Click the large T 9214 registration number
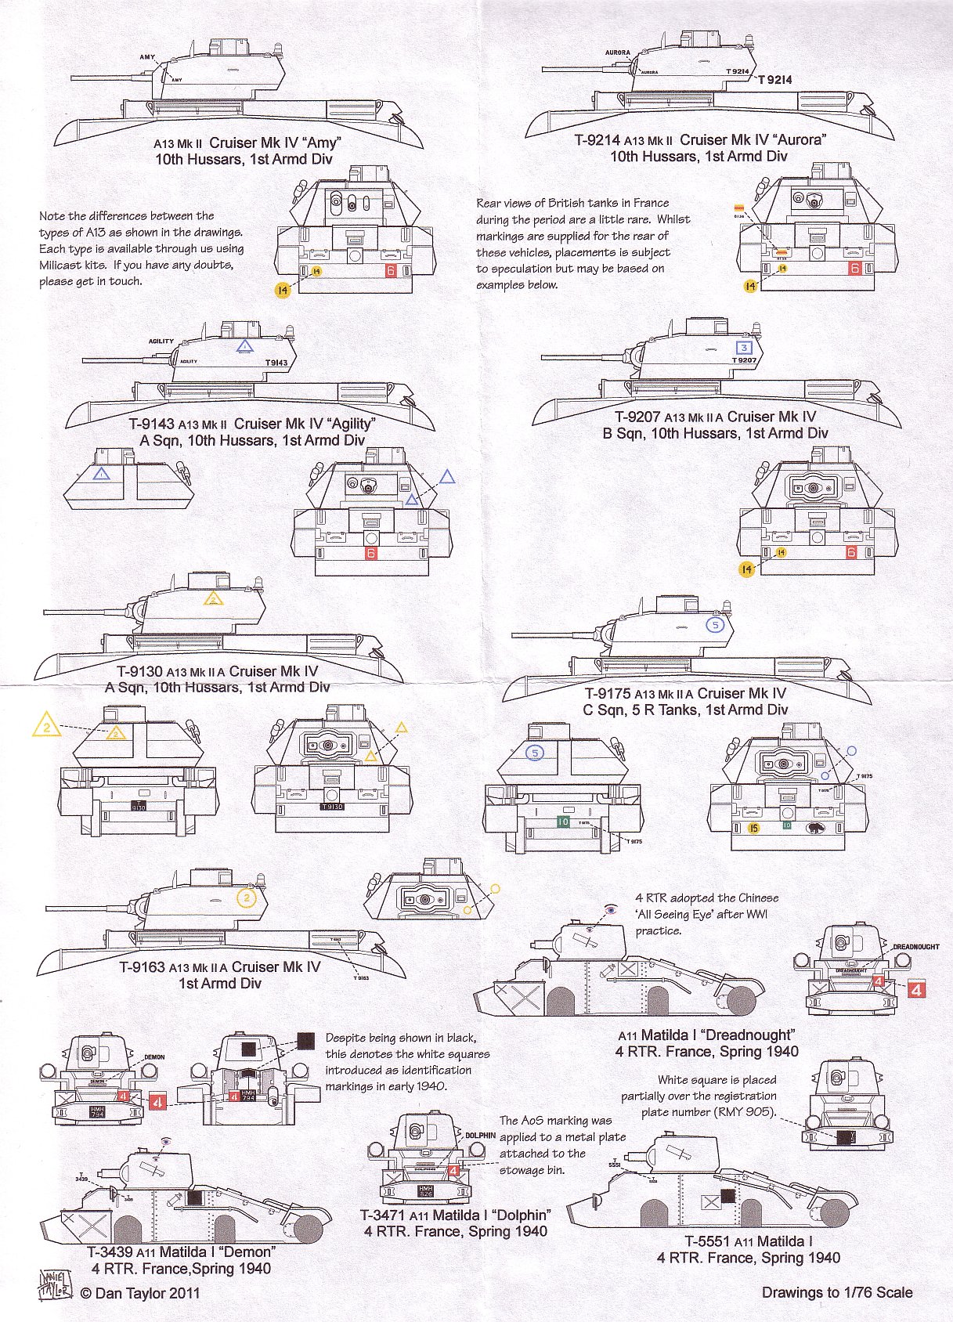click(774, 80)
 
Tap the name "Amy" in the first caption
click(321, 143)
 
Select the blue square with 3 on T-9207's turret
click(744, 347)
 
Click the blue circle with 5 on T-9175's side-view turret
click(714, 625)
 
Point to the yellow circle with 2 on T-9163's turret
click(247, 898)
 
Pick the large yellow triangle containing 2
click(46, 726)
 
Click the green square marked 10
click(562, 822)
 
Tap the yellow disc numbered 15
click(753, 828)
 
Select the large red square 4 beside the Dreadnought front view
click(915, 989)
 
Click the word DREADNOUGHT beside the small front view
click(915, 947)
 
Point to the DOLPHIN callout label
click(480, 1135)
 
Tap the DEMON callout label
click(154, 1057)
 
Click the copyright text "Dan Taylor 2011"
click(139, 1293)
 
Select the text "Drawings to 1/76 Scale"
click(836, 1292)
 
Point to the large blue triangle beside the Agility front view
click(446, 476)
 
